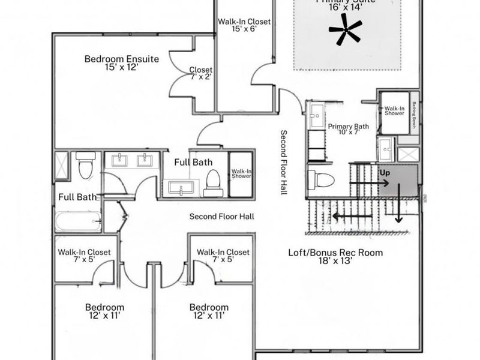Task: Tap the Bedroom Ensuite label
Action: [121, 59]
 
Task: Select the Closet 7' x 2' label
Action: [200, 73]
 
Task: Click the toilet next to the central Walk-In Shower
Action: [213, 183]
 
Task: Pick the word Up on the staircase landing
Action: [384, 172]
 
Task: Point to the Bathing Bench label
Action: [414, 115]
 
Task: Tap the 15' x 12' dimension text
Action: [121, 68]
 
